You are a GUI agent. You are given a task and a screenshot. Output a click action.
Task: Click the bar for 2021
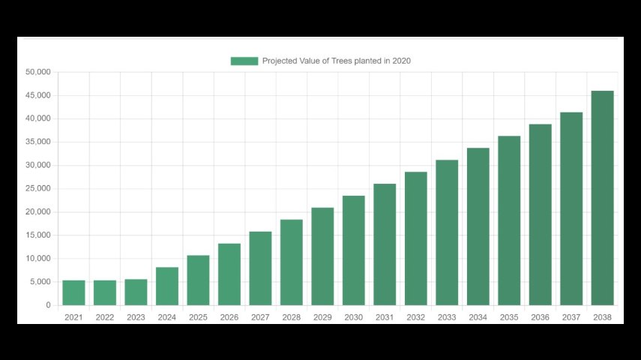(x=73, y=292)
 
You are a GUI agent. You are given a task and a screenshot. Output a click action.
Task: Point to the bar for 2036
(x=540, y=214)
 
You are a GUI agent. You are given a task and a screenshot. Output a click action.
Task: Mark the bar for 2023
(x=136, y=292)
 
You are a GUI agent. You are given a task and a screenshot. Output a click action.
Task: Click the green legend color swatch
(x=244, y=61)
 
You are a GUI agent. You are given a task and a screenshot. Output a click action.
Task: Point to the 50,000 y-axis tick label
(x=37, y=72)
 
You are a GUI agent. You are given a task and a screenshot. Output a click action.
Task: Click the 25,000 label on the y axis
(x=37, y=188)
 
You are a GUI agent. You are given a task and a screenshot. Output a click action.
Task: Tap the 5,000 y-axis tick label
(x=40, y=282)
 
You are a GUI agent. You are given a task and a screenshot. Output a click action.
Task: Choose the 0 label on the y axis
(x=48, y=305)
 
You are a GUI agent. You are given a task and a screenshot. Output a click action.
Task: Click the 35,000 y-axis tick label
(x=37, y=142)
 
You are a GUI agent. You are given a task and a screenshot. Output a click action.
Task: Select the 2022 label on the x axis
(x=105, y=317)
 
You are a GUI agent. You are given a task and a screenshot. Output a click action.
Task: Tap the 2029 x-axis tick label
(x=322, y=317)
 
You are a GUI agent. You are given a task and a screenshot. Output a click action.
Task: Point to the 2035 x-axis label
(x=509, y=317)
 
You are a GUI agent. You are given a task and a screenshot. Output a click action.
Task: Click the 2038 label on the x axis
(x=602, y=317)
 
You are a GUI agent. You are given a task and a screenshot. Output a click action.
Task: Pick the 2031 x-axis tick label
(x=385, y=317)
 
